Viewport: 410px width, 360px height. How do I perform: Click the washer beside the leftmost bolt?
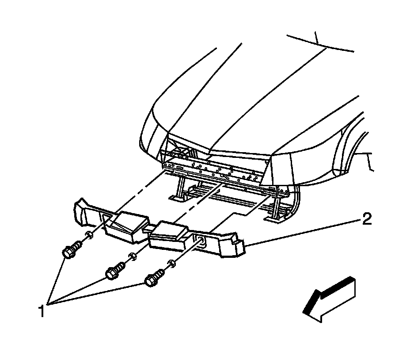89,235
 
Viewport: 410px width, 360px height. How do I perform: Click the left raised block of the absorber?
128,224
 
